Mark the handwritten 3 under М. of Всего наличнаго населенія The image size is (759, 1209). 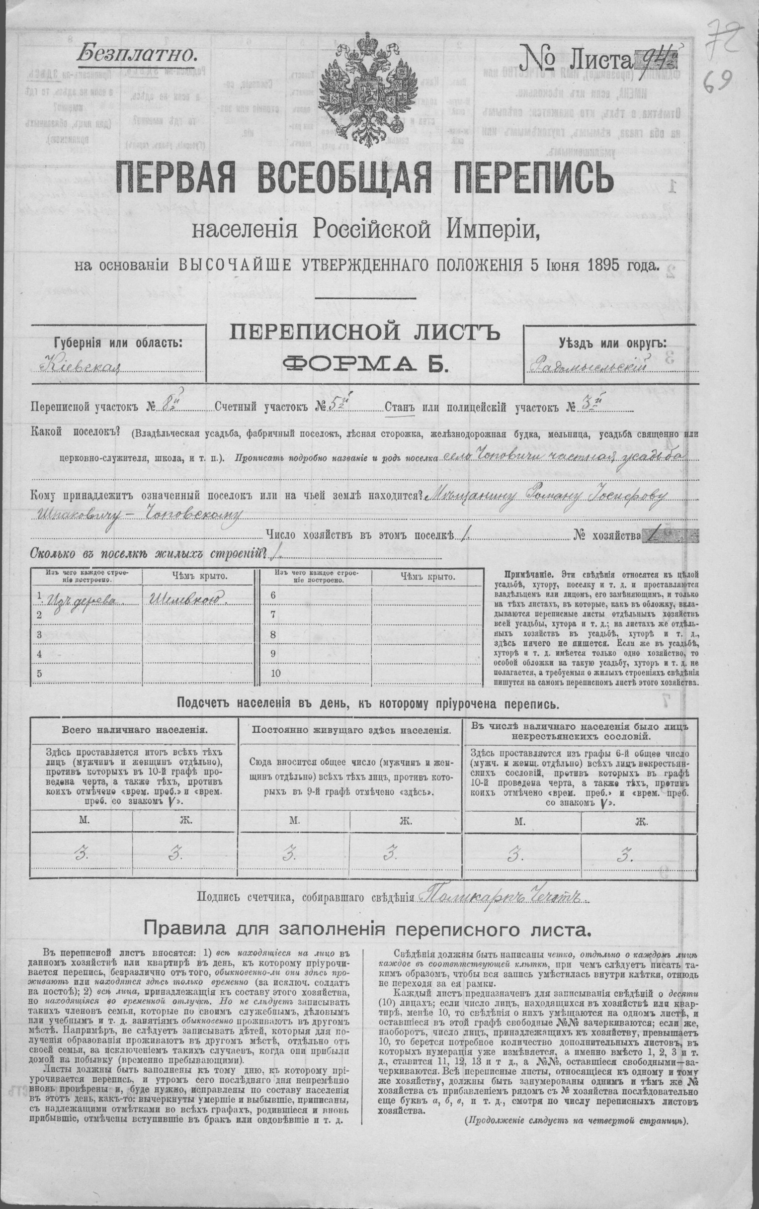pos(80,853)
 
